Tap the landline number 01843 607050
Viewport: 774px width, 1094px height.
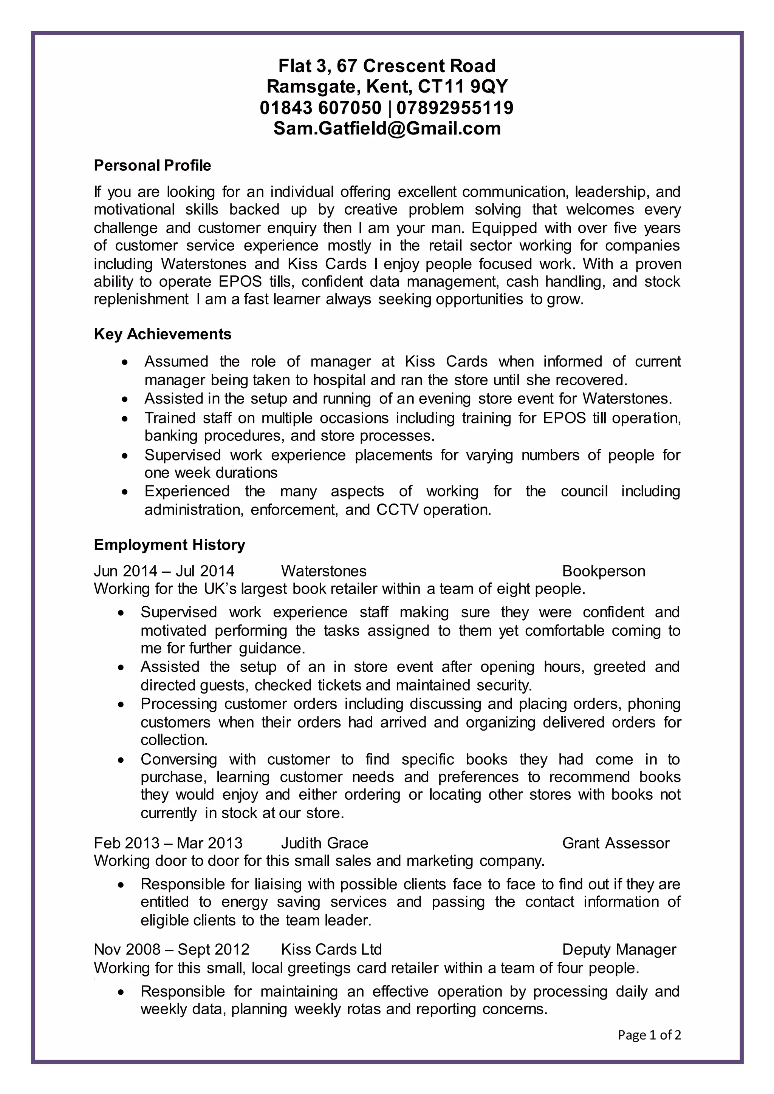321,108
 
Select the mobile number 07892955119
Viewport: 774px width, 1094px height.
455,108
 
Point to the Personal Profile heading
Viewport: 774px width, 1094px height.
153,165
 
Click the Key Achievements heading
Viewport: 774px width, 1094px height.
163,334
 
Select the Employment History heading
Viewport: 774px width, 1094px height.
169,545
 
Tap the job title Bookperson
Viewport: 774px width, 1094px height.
604,571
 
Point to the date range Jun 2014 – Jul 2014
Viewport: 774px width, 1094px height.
164,571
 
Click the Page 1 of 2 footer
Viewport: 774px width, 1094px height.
649,1035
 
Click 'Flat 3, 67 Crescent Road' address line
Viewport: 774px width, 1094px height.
387,66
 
